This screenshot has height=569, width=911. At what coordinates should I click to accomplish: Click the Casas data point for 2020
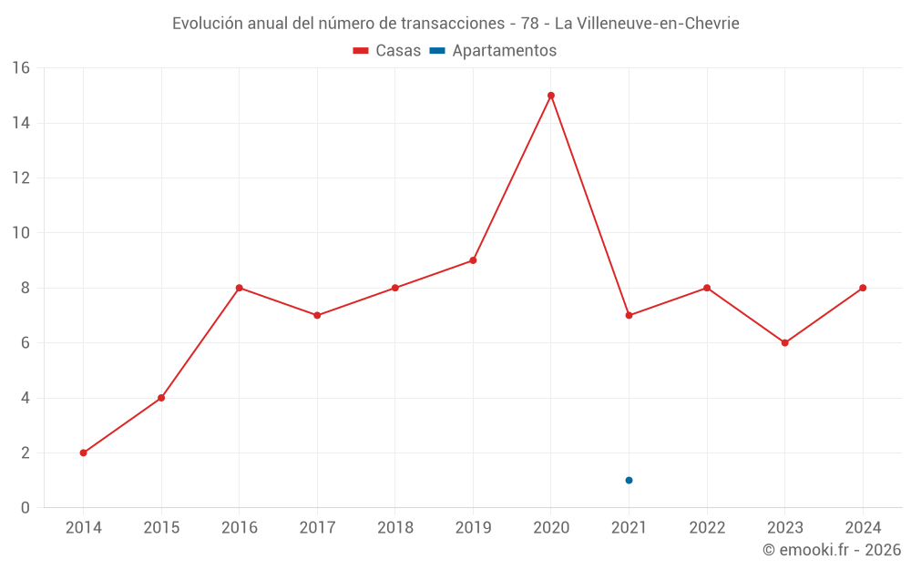tap(551, 96)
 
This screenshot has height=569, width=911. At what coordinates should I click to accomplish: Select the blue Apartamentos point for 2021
tap(629, 481)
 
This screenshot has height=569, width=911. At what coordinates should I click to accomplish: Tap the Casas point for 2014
tap(84, 452)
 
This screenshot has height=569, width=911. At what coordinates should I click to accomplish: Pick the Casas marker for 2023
tap(784, 343)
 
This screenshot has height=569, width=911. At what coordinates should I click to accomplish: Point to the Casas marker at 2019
tap(473, 260)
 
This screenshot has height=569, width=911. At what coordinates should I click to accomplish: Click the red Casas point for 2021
tap(629, 315)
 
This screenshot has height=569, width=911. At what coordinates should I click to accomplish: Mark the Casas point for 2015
tap(161, 398)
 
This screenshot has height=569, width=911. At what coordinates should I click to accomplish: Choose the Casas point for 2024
tap(863, 288)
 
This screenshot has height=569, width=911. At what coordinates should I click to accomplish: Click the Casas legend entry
tap(387, 51)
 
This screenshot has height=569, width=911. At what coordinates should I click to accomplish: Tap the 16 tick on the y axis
tap(20, 68)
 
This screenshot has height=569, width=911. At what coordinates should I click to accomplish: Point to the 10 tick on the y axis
tap(20, 233)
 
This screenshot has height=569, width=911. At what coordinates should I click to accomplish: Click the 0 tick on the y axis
tap(26, 508)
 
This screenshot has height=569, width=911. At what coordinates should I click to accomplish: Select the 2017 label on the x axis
tap(317, 528)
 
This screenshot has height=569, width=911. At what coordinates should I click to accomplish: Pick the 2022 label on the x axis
tap(707, 528)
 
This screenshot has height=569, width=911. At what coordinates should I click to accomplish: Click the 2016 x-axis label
tap(240, 528)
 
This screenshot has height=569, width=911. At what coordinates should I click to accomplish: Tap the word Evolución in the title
tap(208, 23)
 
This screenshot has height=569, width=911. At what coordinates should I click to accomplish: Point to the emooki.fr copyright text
tap(831, 550)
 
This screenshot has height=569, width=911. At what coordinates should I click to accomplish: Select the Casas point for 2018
tap(395, 288)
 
